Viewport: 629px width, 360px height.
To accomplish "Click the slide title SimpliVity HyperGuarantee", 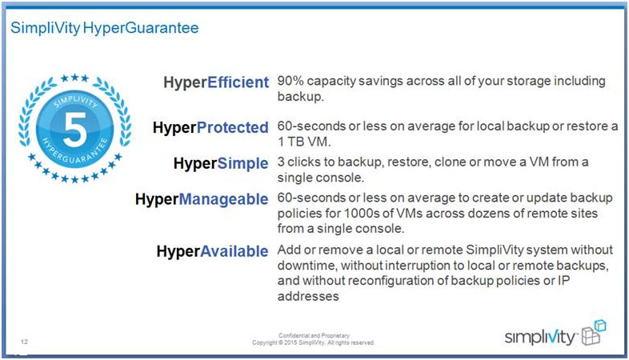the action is [104, 28].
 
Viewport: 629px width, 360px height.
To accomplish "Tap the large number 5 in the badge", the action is [74, 129].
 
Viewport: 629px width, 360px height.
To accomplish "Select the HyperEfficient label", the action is [216, 82].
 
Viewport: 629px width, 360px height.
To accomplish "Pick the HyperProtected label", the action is [210, 127].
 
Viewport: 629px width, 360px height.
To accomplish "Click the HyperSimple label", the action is [221, 163].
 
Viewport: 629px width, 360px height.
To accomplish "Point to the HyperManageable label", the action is [202, 199].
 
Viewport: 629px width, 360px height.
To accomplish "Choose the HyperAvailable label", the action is [212, 251].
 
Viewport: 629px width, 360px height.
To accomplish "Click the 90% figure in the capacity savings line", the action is [290, 81].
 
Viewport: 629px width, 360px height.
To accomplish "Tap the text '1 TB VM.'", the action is [304, 142].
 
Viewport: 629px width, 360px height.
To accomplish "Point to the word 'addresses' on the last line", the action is [308, 296].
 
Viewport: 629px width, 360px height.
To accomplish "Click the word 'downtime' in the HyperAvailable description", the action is [306, 266].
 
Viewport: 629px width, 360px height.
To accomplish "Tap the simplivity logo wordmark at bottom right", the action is [540, 337].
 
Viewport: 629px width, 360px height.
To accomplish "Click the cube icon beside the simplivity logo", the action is [594, 332].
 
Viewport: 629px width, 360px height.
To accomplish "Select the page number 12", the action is [25, 342].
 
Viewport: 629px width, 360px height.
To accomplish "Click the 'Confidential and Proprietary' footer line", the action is [314, 335].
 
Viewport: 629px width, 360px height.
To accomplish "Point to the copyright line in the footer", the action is [313, 342].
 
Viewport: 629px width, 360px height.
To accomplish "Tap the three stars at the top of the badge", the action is [74, 78].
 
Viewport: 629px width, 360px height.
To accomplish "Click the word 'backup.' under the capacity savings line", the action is [300, 97].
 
